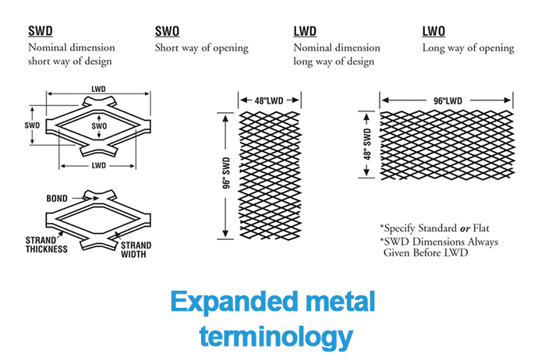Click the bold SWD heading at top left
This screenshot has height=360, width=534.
click(x=40, y=32)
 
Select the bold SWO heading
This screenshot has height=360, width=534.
click(x=168, y=32)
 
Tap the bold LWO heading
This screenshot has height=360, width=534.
click(x=434, y=32)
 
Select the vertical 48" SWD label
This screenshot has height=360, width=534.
click(x=364, y=143)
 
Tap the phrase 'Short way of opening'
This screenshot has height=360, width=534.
click(x=202, y=48)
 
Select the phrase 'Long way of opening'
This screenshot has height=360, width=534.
click(x=468, y=48)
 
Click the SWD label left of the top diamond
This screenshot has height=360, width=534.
click(x=31, y=125)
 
